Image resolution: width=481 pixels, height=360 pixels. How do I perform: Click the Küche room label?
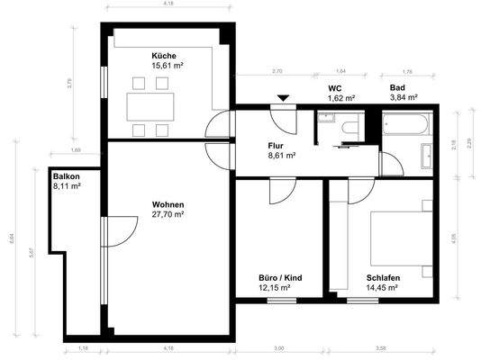[164, 56]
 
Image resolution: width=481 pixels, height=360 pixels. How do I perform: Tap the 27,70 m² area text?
[168, 215]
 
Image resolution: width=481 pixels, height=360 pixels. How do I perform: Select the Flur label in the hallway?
[277, 145]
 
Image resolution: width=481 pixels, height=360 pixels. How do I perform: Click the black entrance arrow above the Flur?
[284, 97]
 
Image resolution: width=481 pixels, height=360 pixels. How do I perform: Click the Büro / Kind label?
[280, 278]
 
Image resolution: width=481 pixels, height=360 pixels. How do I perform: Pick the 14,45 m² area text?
[383, 288]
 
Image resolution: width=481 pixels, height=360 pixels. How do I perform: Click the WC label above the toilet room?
[334, 87]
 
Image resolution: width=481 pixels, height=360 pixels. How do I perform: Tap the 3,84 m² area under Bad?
[403, 97]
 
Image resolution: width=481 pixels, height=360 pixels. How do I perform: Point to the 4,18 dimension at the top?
[168, 4]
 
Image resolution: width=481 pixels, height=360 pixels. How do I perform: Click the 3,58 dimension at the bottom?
[381, 347]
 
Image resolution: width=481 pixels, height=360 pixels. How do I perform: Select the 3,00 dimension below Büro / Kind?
[278, 347]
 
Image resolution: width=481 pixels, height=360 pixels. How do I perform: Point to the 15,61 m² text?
[164, 66]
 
